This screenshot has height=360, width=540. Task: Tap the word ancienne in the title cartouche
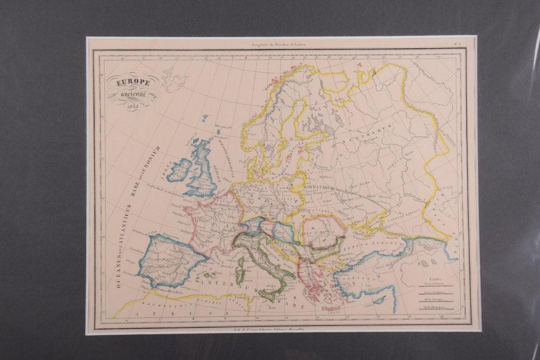(133, 94)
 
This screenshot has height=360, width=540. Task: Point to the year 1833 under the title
(133, 105)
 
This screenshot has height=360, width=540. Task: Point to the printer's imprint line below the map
(278, 331)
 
